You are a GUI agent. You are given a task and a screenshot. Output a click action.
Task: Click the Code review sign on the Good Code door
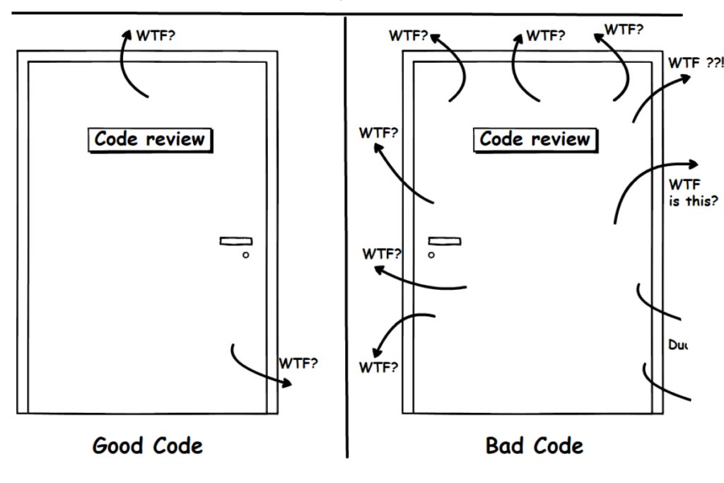pos(150,139)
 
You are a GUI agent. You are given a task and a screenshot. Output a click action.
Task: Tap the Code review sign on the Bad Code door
pos(535,139)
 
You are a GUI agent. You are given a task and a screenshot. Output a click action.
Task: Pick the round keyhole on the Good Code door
pos(245,255)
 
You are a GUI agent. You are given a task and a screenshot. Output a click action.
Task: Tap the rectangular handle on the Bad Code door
pos(445,241)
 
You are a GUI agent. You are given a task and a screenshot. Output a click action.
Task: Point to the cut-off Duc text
pos(677,346)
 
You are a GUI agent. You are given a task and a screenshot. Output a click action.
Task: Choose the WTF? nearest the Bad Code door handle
pos(382,253)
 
